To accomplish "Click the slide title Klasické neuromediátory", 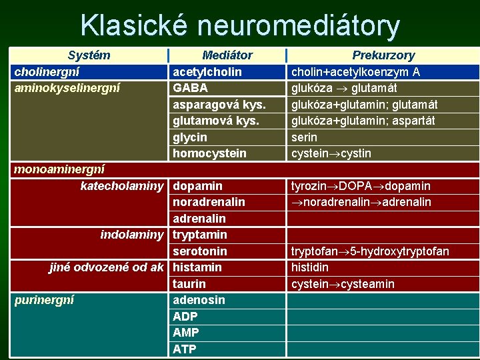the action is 240,25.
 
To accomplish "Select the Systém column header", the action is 89,55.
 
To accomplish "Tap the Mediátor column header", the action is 227,55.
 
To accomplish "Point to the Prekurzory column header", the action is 383,55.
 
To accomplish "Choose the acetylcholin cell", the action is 207,71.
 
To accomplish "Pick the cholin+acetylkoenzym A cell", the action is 355,71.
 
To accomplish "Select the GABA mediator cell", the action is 190,87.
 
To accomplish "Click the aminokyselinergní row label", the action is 67,87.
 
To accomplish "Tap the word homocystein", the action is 209,153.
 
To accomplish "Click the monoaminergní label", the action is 59,169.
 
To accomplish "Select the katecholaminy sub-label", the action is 122,185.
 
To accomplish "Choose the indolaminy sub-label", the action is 131,235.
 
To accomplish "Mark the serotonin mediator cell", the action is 200,251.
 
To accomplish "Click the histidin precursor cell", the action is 310,267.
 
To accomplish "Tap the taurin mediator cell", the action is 189,284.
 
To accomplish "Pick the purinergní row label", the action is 44,300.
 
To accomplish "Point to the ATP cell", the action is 185,349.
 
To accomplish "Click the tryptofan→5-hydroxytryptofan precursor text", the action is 370,251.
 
